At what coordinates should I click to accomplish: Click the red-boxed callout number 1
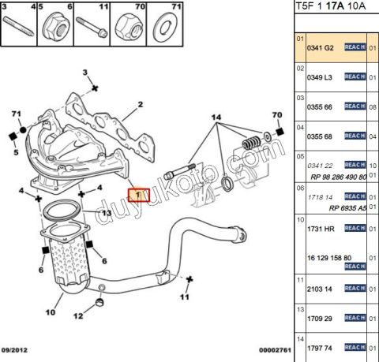pyautogui.click(x=139, y=193)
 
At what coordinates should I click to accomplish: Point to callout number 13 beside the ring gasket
pyautogui.click(x=105, y=213)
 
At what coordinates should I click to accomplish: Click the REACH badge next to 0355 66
pyautogui.click(x=355, y=106)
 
